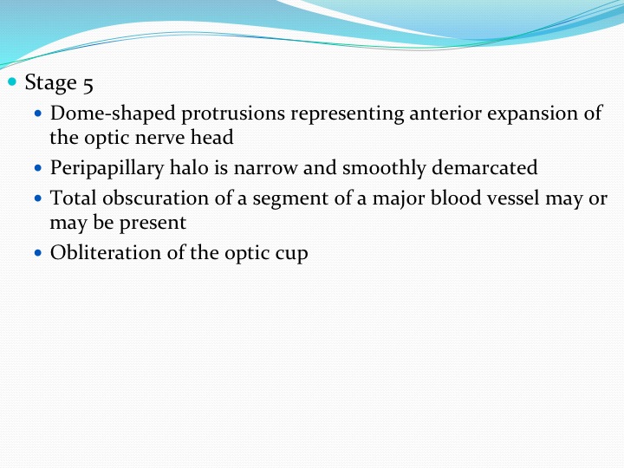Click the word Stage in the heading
tap(50, 83)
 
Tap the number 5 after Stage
tap(88, 84)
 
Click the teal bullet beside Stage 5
tap(12, 82)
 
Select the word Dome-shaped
tap(113, 114)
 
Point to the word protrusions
tap(233, 114)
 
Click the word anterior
tap(445, 113)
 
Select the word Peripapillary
tap(107, 168)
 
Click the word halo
tap(189, 167)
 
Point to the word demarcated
tap(484, 167)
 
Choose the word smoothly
tap(384, 168)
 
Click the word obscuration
tap(156, 198)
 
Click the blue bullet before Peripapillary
tap(38, 168)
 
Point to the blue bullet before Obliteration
tap(38, 253)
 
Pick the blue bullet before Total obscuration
tap(38, 198)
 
